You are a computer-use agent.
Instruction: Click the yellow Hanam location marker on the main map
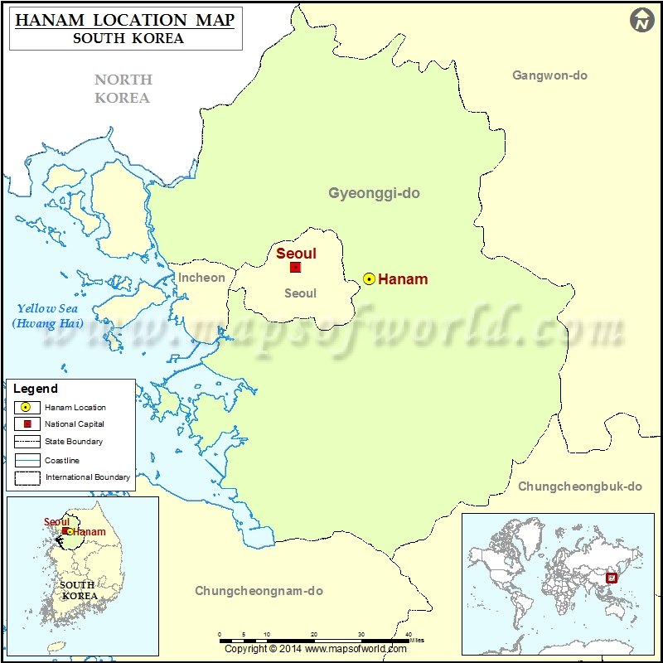369,279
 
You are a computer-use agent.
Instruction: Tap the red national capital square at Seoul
295,267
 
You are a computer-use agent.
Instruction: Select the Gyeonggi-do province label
374,193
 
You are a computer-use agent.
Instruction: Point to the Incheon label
201,278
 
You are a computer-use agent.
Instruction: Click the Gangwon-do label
549,75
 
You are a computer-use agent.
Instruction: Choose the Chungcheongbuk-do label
580,486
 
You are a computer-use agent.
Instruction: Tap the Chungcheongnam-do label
259,591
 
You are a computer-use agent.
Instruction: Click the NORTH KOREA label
123,89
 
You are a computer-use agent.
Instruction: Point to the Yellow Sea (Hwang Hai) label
47,316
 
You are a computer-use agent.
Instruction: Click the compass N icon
642,21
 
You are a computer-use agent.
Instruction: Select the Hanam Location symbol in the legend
27,407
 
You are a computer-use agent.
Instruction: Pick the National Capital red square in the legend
27,424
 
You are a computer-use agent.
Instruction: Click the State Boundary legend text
74,442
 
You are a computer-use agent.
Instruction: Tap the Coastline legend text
62,460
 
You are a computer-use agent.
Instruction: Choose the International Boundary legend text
87,477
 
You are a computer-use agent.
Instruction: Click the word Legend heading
36,388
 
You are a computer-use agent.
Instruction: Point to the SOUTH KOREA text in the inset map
79,590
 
